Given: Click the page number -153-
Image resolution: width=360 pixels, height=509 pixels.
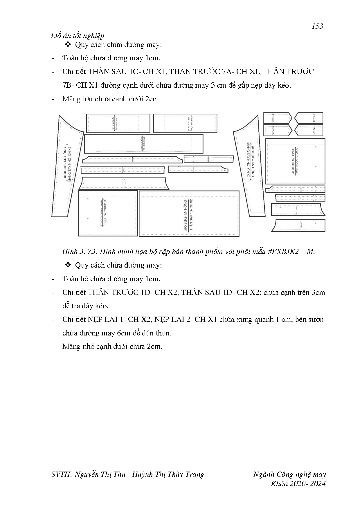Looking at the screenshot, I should [317, 26].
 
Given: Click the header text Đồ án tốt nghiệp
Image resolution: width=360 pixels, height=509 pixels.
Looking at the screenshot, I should [77, 36].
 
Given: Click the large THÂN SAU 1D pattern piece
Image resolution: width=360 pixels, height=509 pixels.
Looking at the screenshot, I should [189, 214].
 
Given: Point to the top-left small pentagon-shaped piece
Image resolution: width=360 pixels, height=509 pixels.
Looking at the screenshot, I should [277, 118].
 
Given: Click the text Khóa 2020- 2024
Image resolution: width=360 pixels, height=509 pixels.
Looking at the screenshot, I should [298, 483].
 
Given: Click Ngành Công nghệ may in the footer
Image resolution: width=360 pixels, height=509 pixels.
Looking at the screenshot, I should [289, 474].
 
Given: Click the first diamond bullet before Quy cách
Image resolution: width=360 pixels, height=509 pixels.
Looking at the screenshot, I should [68, 45].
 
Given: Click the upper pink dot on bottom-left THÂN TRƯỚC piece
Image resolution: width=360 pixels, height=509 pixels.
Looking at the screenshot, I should [88, 199].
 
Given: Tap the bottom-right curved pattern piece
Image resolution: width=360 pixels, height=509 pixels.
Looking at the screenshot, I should [299, 225].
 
